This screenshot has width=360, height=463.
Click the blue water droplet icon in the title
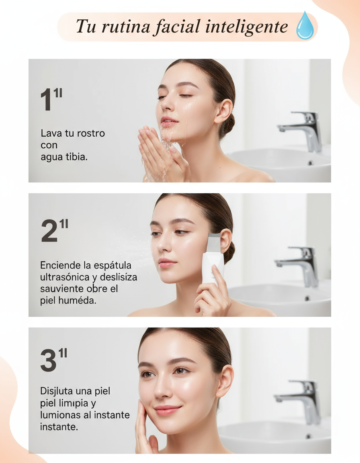305,26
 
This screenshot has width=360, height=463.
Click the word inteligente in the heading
246,27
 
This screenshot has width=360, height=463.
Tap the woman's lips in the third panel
168,410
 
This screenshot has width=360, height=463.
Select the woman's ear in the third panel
225,381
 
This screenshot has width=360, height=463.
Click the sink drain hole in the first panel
310,163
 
